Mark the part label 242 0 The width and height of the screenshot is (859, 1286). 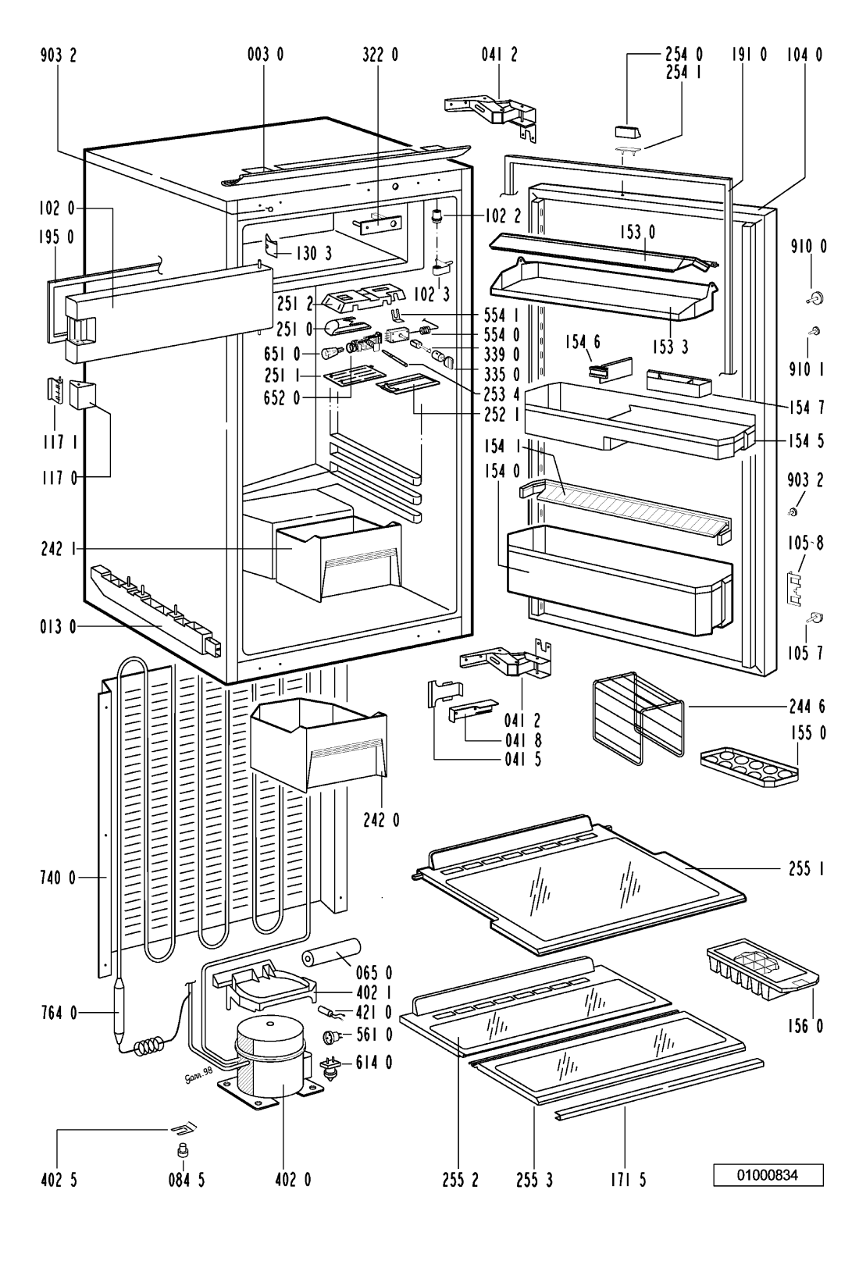[x=380, y=820]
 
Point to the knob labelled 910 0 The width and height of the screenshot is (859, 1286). [x=814, y=297]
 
